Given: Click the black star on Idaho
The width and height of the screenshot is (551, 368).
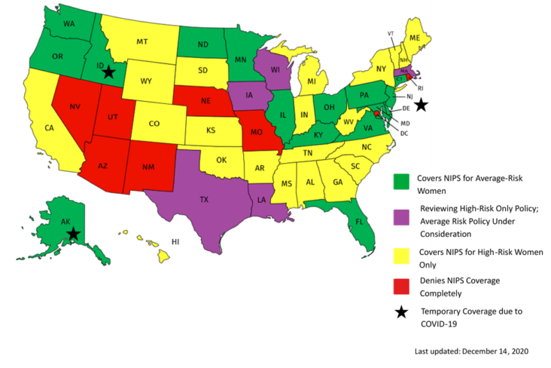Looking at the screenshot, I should click(108, 72).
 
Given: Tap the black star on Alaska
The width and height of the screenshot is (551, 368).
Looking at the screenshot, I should click(73, 234).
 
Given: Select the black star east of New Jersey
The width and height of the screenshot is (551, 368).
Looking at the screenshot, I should click(422, 105).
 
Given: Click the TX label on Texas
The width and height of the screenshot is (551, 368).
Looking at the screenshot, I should click(203, 200).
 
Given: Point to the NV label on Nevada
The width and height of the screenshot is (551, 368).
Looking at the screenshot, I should click(75, 107).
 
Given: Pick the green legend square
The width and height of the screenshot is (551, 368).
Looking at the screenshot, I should click(401, 181).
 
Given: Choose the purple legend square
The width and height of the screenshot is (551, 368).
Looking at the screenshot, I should click(401, 217).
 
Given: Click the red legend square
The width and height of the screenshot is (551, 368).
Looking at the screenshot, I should click(401, 287).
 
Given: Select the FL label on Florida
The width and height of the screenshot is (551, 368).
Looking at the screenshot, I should click(359, 222).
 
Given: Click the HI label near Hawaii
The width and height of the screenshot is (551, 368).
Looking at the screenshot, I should click(175, 242).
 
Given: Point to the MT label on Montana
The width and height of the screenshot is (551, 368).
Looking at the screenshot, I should click(142, 42).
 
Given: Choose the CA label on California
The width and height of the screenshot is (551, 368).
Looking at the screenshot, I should click(49, 128).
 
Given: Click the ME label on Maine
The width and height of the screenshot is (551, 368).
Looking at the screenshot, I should click(415, 38).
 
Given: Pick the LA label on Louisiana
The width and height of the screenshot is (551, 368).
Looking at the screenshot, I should click(261, 201).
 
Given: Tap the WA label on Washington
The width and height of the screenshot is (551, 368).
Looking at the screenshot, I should click(68, 24).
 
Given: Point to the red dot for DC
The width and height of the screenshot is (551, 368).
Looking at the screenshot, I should click(377, 114).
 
